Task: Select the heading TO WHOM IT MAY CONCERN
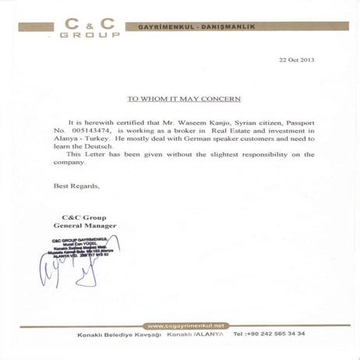tap(184, 99)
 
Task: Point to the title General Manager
tap(90, 225)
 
